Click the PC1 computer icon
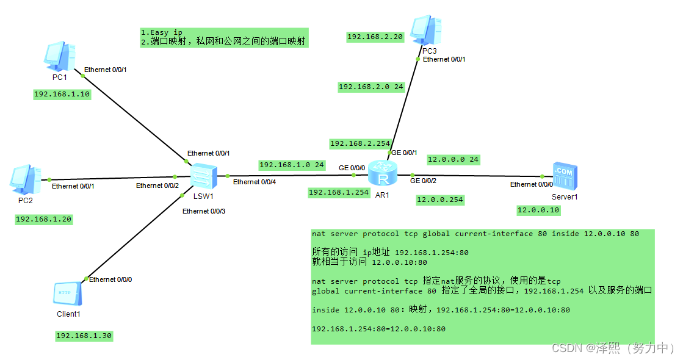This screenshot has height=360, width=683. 59,56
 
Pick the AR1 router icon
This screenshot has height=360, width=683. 383,175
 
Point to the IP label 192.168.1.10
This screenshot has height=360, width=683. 62,94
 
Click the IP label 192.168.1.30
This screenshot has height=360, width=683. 84,336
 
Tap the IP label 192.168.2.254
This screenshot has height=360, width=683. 360,143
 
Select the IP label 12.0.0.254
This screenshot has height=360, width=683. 439,200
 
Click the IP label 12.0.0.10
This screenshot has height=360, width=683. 538,210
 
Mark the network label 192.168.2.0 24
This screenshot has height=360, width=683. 371,87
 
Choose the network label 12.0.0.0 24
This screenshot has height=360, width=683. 453,159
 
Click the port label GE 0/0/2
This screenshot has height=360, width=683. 423,181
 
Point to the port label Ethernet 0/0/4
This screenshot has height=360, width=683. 255,182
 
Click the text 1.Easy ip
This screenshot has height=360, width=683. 161,32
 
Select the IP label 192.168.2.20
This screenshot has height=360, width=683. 375,37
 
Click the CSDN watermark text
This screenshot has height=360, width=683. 612,348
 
